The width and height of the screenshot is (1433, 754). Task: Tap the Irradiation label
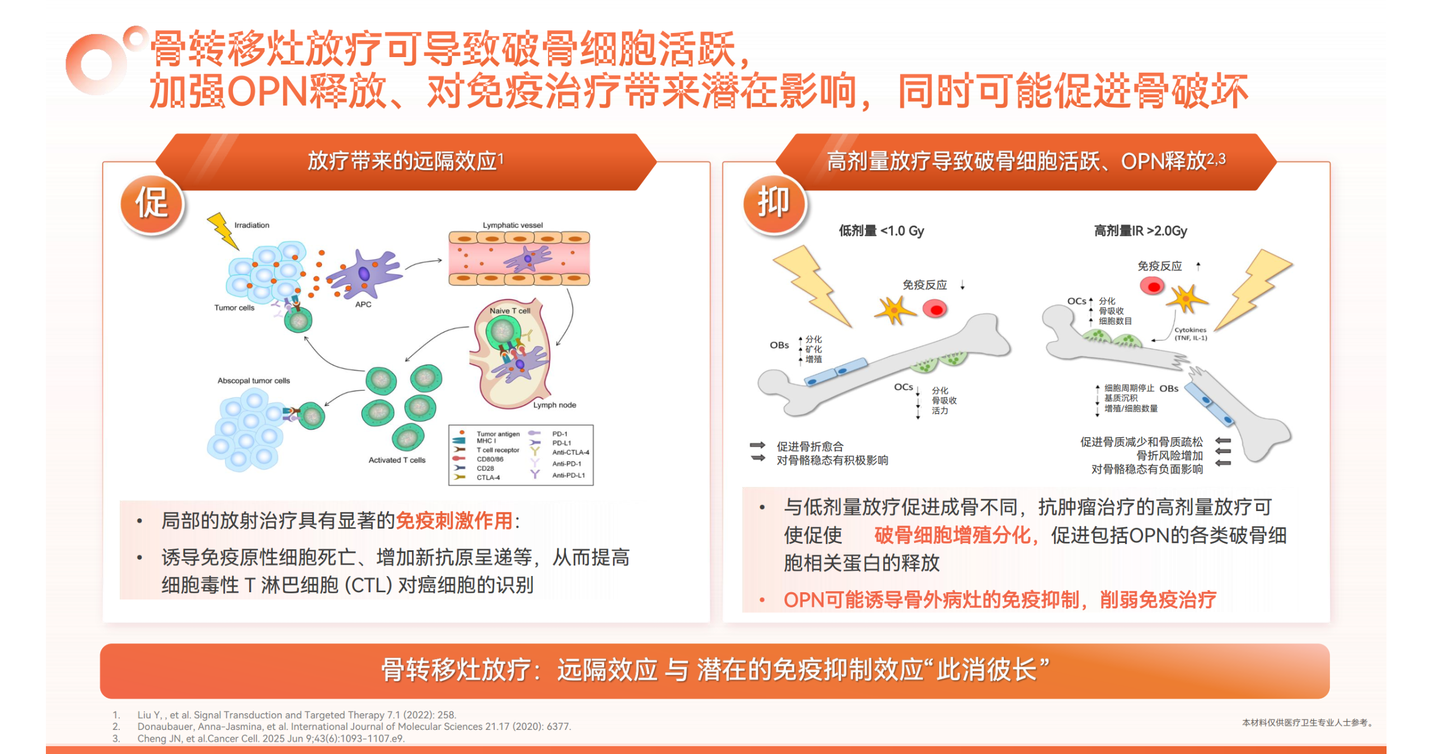[252, 225]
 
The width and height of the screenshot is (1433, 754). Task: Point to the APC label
[363, 305]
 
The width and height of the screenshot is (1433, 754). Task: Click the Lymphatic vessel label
[513, 225]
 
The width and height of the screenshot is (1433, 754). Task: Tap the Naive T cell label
[510, 311]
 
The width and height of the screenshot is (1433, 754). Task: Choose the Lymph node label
[554, 405]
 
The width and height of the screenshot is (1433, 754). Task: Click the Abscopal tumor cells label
[254, 381]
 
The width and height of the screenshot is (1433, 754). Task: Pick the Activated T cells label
[397, 460]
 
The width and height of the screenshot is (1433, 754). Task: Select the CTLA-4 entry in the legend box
[488, 477]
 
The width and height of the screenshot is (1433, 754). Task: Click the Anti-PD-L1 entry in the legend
[569, 475]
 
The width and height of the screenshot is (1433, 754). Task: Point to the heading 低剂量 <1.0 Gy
[882, 231]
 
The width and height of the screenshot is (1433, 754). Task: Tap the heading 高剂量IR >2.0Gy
[1141, 231]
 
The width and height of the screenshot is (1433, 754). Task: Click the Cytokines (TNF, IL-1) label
[1191, 334]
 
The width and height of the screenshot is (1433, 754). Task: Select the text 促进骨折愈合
[810, 446]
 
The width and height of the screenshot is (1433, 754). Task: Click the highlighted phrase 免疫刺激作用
[454, 521]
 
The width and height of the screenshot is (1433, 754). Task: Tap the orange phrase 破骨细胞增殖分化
[952, 535]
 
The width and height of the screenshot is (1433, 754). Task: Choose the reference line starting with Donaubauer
[354, 727]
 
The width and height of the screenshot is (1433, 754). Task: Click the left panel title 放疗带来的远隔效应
[402, 161]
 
